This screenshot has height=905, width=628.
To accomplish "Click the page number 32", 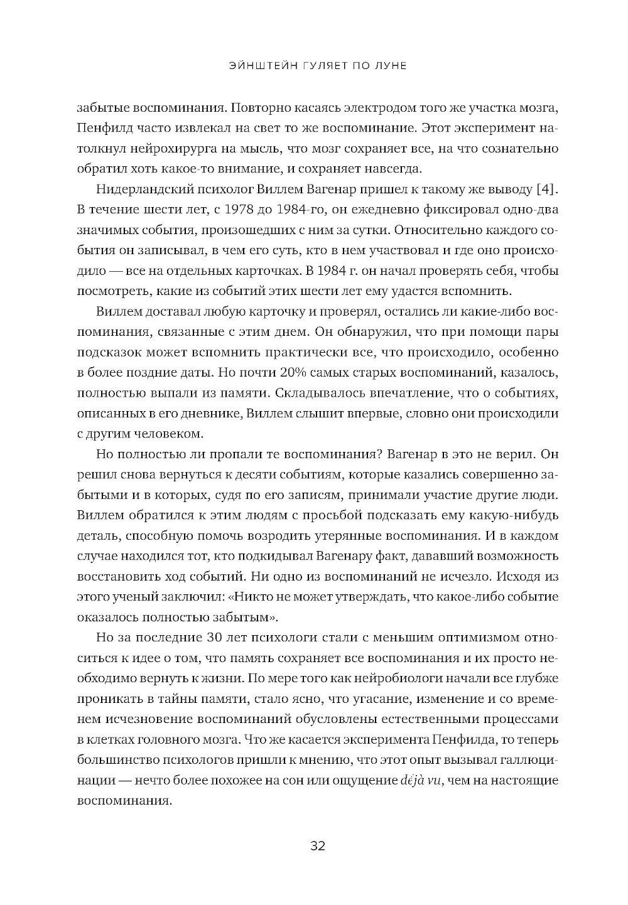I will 317,845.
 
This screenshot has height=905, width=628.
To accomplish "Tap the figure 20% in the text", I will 305,373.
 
